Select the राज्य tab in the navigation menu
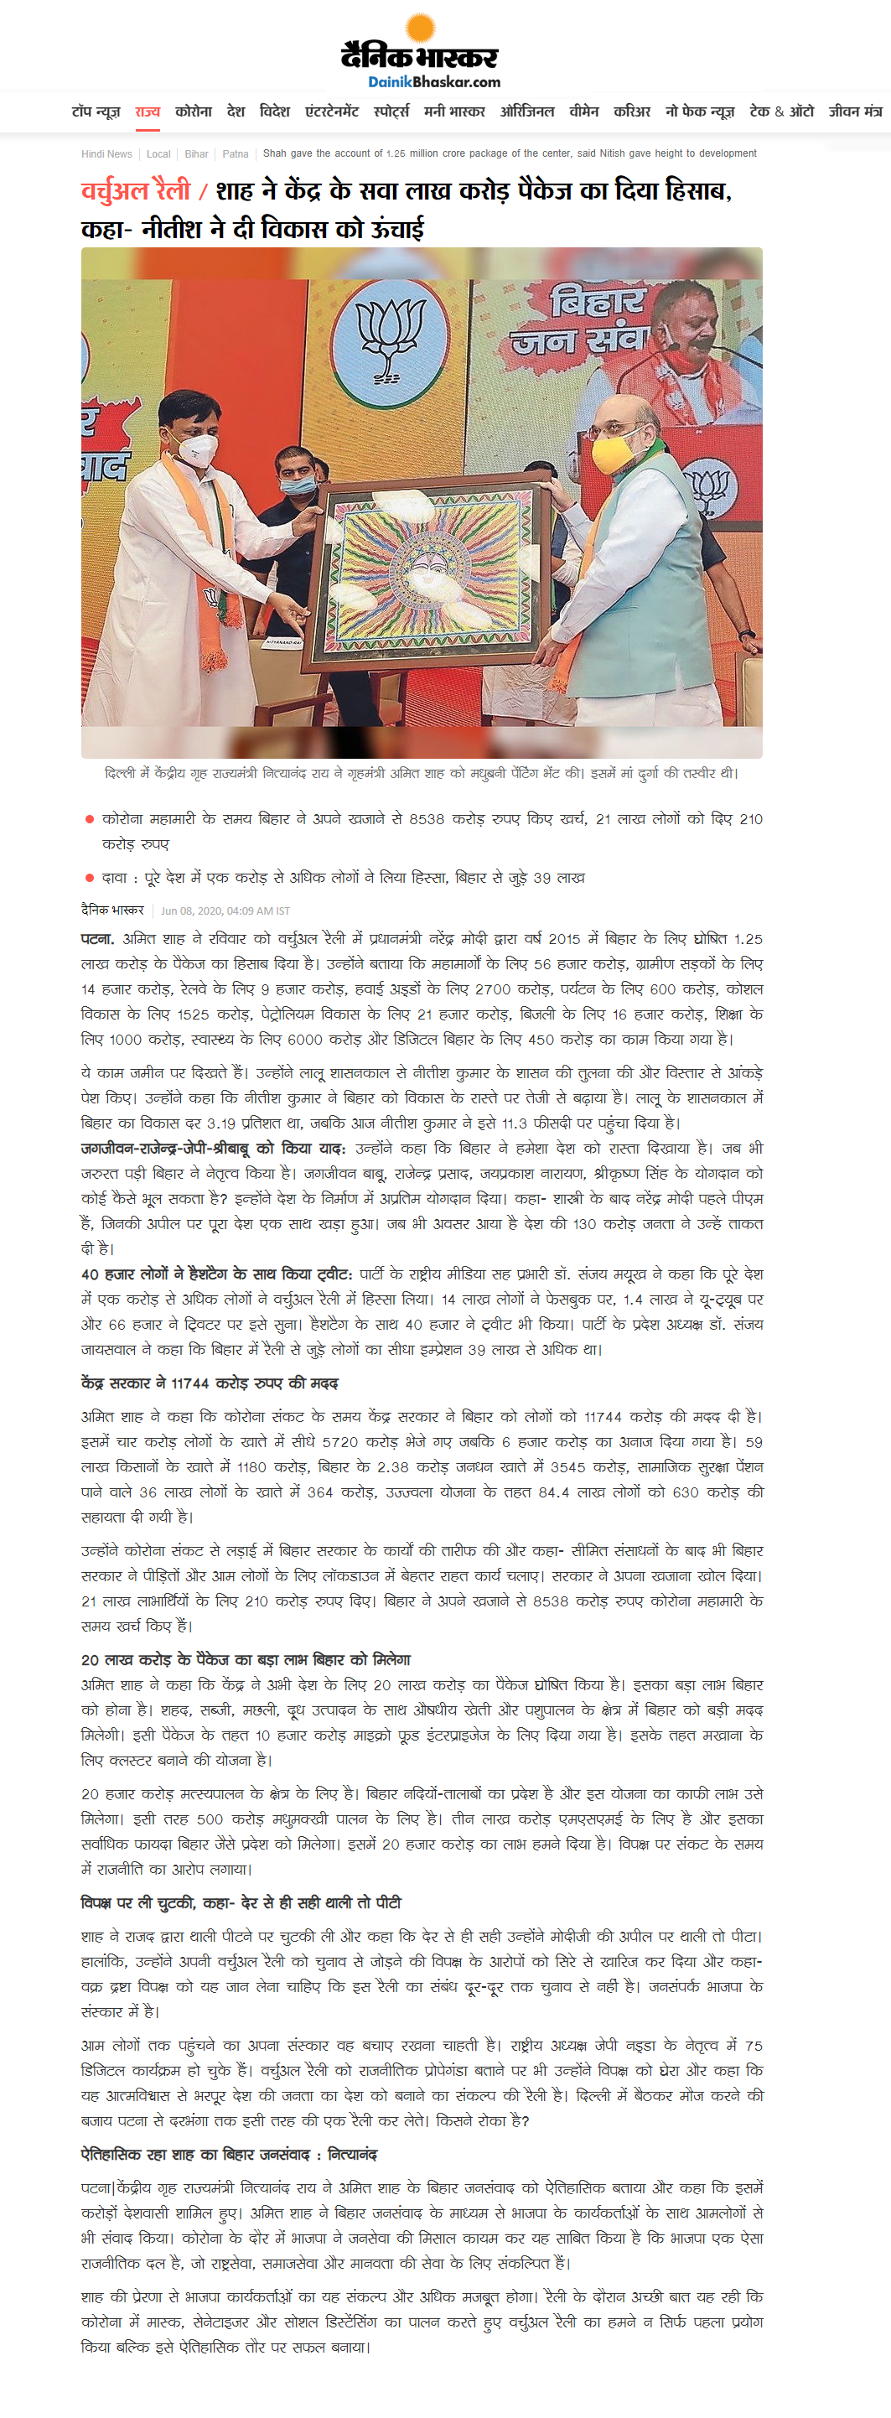tap(148, 112)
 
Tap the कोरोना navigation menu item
tap(194, 112)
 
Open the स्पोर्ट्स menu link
tap(391, 112)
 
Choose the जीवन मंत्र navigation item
tap(854, 112)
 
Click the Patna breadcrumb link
tap(236, 154)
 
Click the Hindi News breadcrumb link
tap(106, 154)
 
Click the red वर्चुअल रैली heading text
tap(135, 191)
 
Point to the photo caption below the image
tap(422, 774)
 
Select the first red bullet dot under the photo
tap(89, 819)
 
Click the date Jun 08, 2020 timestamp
tap(225, 911)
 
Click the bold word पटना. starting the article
tap(97, 939)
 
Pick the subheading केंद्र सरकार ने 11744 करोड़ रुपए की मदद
tap(210, 1383)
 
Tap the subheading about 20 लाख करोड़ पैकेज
tap(245, 1659)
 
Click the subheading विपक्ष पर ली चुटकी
tap(241, 1902)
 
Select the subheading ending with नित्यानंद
tap(229, 2154)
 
